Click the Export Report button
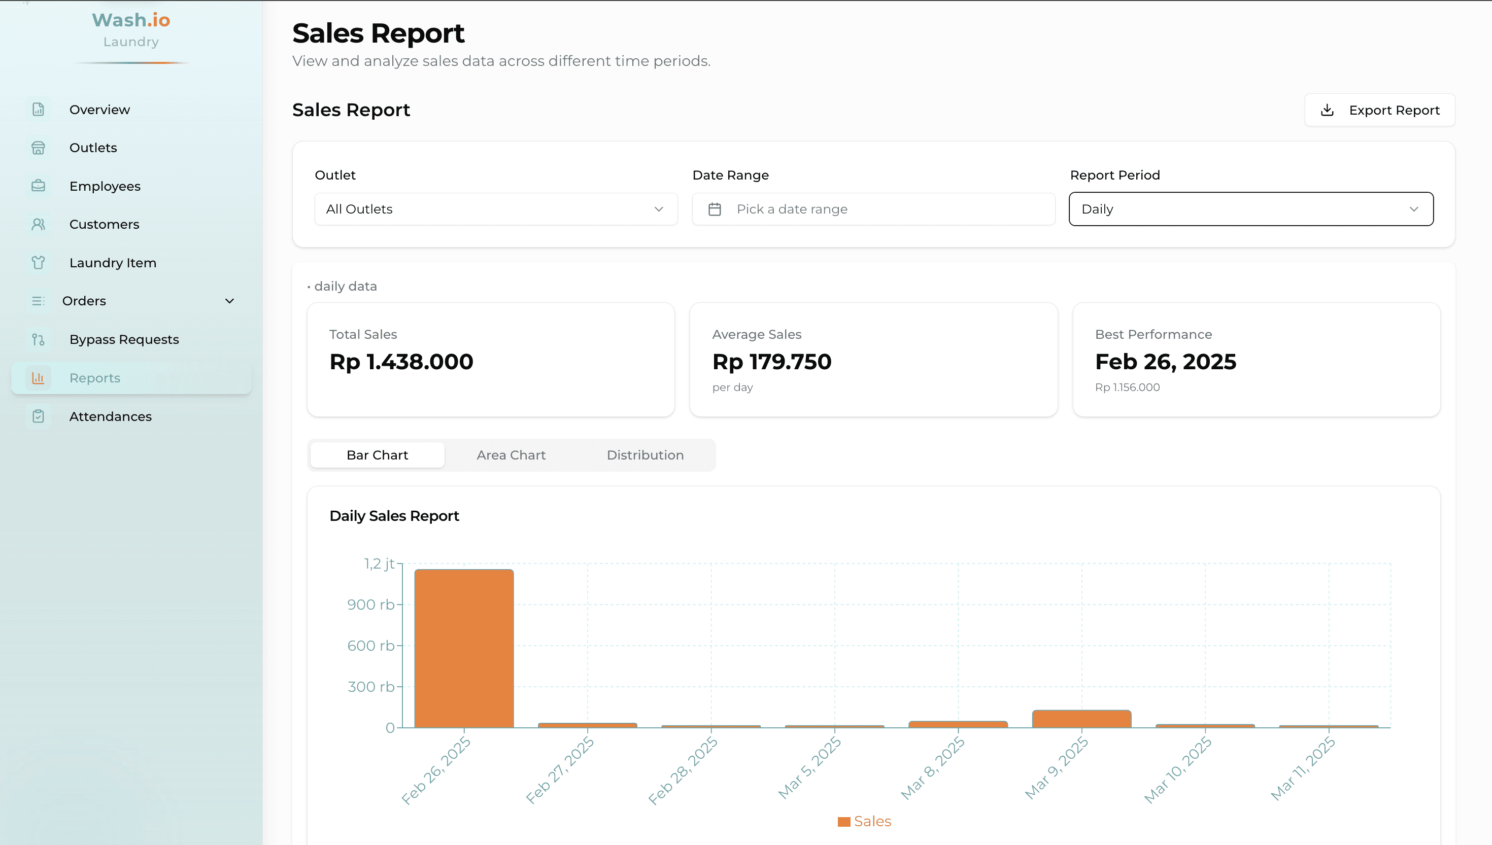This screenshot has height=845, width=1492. [x=1379, y=110]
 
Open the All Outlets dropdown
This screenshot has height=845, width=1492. [x=495, y=209]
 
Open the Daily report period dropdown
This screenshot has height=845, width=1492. [x=1250, y=209]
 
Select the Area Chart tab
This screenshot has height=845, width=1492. [x=511, y=455]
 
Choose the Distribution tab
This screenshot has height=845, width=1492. [x=645, y=455]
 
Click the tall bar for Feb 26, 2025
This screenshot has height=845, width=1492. [x=463, y=648]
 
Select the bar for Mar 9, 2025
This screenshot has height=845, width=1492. [x=1081, y=719]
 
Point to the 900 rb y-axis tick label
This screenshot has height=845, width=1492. [x=370, y=605]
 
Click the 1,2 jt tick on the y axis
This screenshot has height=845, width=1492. [x=379, y=564]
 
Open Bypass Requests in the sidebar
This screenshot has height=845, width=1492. [x=124, y=339]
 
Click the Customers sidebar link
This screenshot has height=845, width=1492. [x=104, y=224]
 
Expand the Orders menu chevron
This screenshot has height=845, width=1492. [x=229, y=301]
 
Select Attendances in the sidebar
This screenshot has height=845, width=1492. [x=110, y=416]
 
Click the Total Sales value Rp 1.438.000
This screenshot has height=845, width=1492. [x=401, y=362]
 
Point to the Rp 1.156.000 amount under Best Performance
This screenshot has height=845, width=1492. [x=1127, y=387]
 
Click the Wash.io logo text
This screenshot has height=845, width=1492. [x=130, y=20]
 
